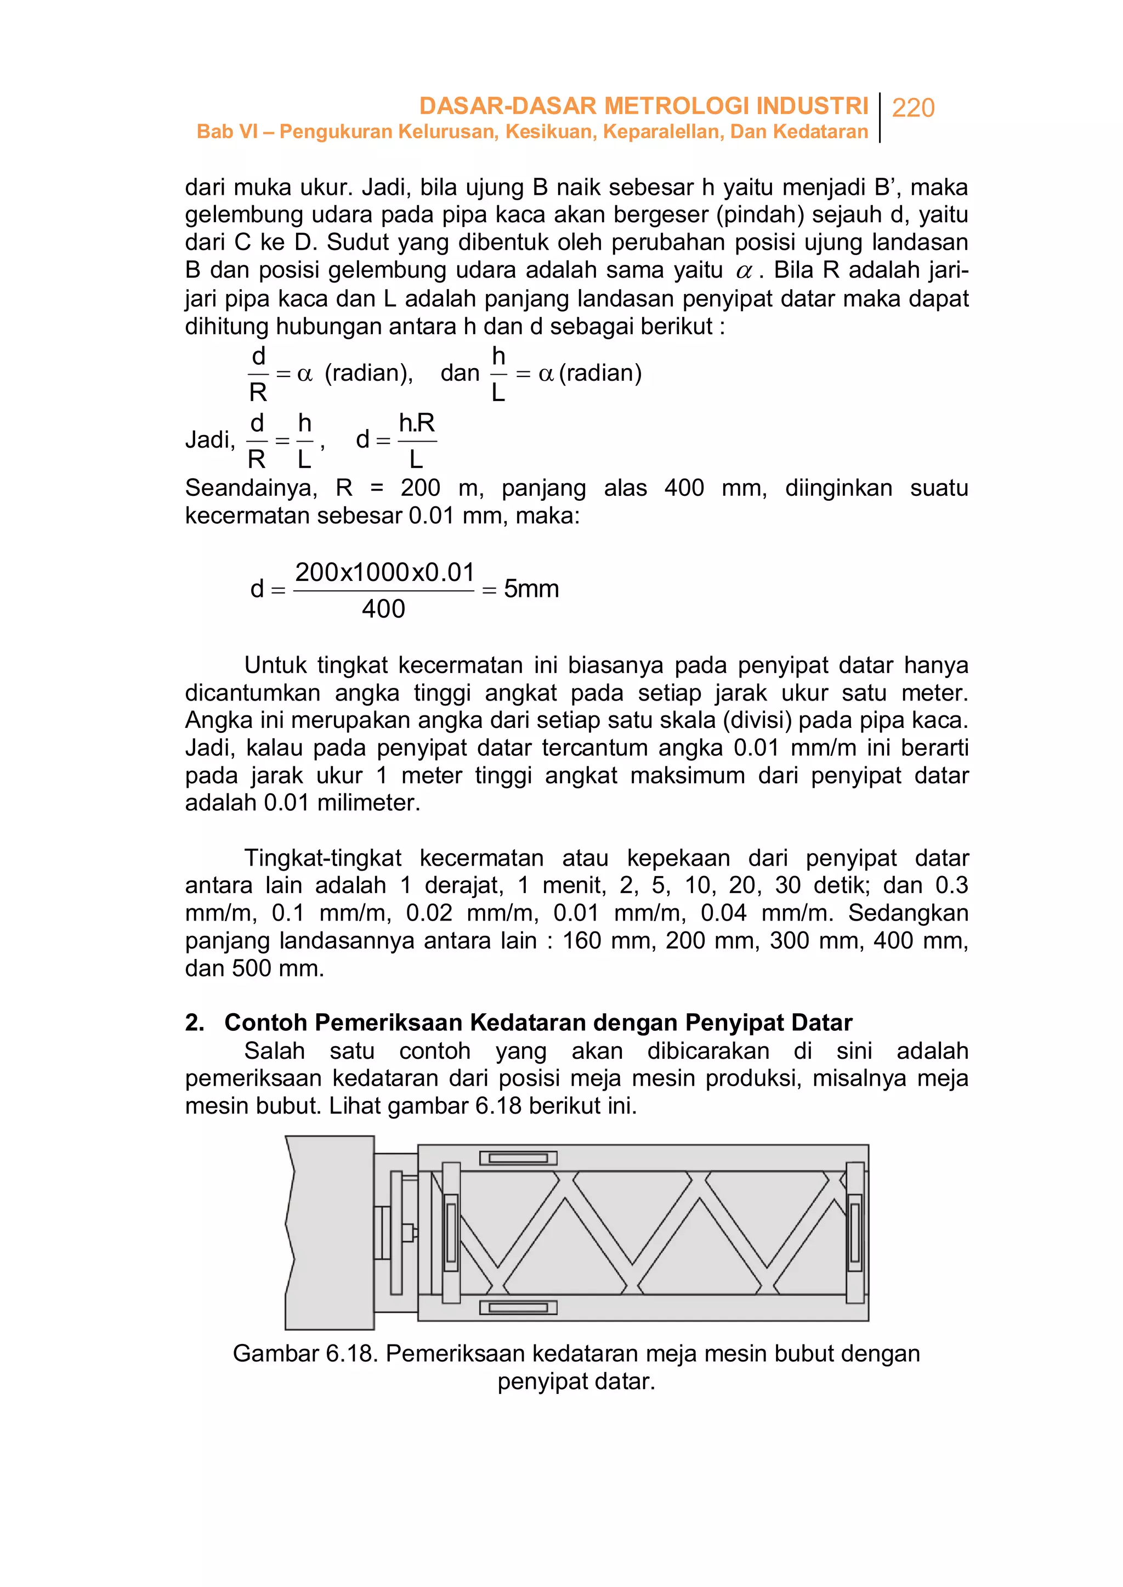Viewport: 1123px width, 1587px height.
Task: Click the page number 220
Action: [x=913, y=108]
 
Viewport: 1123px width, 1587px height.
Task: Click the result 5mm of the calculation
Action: [x=531, y=589]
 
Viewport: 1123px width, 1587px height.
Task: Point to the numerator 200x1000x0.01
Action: [x=384, y=572]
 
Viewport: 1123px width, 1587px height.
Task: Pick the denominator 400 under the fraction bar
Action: [x=383, y=609]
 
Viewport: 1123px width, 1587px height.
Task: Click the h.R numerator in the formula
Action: [x=416, y=423]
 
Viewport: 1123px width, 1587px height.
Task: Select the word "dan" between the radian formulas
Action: [x=460, y=373]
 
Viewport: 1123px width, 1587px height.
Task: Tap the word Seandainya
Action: [x=251, y=488]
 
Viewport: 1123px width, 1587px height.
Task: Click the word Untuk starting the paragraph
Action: [x=275, y=665]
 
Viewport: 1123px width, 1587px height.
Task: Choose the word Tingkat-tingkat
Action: [x=322, y=858]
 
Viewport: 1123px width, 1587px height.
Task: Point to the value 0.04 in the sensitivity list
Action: [x=723, y=913]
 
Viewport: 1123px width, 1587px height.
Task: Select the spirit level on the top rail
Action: [x=518, y=1158]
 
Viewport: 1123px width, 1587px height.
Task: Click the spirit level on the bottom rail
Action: [x=518, y=1308]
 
